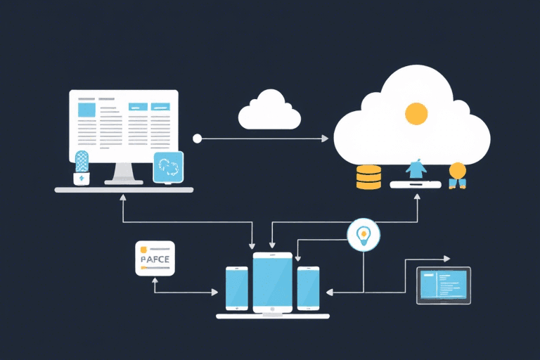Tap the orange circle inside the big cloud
(x=416, y=112)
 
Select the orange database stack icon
(x=368, y=177)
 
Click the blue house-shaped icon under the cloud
(x=416, y=168)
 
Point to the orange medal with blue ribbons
(x=457, y=174)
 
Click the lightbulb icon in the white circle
(x=364, y=235)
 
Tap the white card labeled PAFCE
(x=155, y=258)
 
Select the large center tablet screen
(x=272, y=282)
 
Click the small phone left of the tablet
(x=236, y=288)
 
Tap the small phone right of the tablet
(x=308, y=288)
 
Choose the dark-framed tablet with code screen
(x=444, y=285)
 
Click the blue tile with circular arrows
(x=168, y=167)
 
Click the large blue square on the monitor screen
(x=86, y=109)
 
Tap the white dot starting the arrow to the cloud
(x=197, y=139)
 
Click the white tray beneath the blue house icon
(x=416, y=184)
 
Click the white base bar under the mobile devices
(x=272, y=316)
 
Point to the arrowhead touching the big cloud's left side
(x=325, y=139)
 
